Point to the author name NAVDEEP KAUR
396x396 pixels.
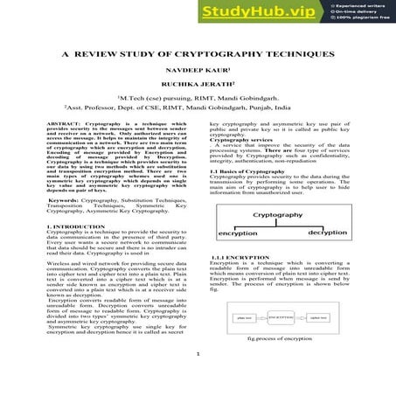coord(197,72)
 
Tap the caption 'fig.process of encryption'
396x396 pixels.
coord(280,361)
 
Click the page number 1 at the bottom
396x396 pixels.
coord(198,379)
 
